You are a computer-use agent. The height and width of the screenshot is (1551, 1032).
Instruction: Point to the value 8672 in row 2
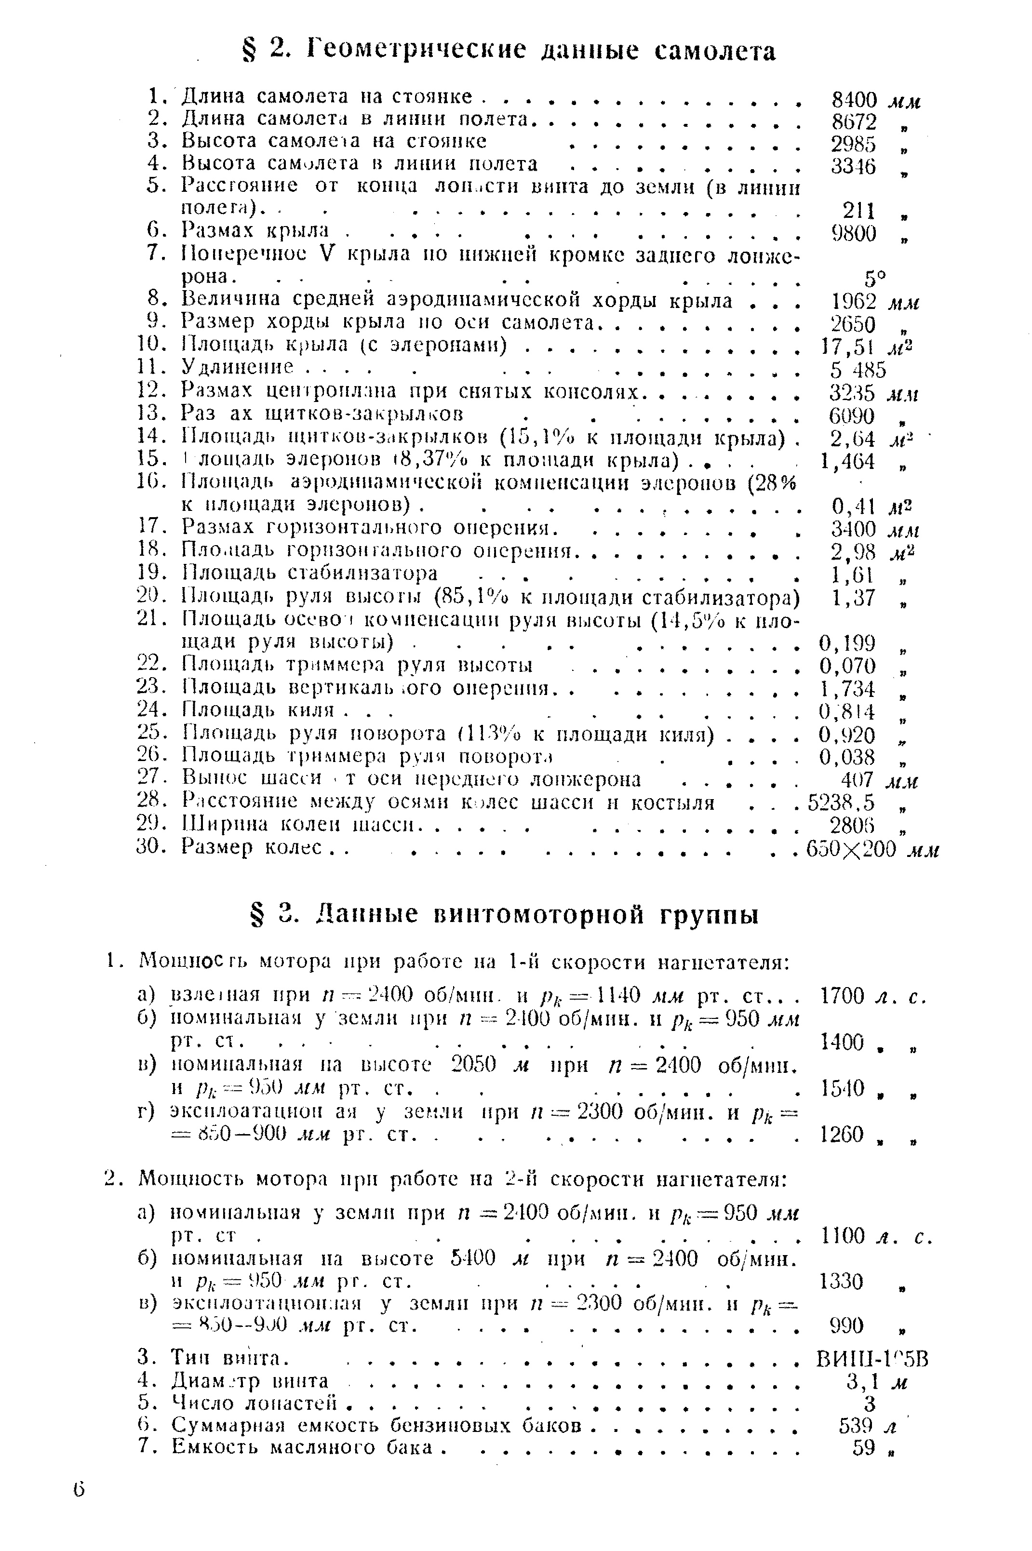click(x=854, y=122)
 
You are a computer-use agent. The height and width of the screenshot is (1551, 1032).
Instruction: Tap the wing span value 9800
click(x=854, y=233)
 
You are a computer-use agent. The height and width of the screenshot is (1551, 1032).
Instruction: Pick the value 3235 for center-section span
click(x=852, y=393)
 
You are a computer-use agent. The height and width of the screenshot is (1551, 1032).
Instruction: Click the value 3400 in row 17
click(x=853, y=529)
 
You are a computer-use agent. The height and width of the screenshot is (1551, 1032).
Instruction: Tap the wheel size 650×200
click(x=852, y=848)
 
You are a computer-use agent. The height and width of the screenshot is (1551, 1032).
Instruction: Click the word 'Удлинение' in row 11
click(x=237, y=367)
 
